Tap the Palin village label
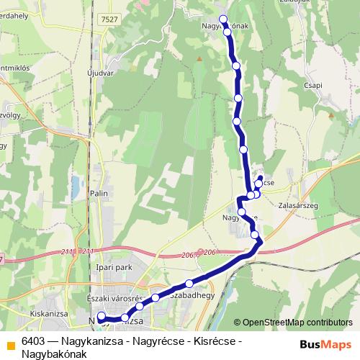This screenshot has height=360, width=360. pos(99,194)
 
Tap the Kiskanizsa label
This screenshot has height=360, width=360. pos(50,315)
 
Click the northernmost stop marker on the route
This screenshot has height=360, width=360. pos(223,19)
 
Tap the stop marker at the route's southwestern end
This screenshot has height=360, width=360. pos(101,315)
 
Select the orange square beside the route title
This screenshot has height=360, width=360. pos(11,344)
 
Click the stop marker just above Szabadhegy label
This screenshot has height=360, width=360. pos(189,284)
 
